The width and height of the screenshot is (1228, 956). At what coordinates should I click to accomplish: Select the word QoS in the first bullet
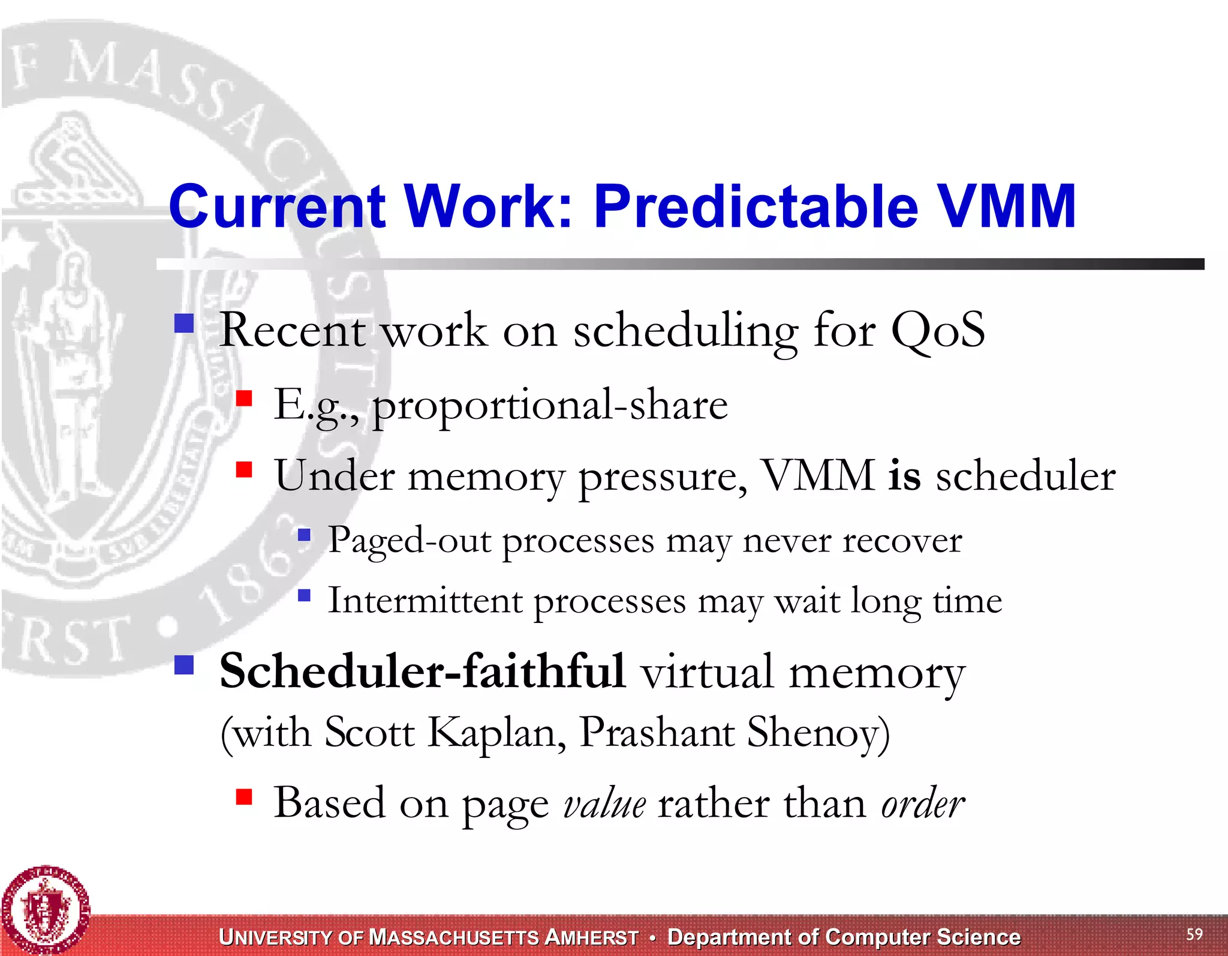(x=938, y=329)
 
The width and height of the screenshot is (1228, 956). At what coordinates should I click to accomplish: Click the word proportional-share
(x=550, y=406)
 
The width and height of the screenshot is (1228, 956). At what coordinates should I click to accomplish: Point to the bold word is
(x=904, y=475)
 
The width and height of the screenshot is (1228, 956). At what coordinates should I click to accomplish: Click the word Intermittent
(x=425, y=601)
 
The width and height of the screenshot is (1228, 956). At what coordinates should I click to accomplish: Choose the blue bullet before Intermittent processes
(x=305, y=595)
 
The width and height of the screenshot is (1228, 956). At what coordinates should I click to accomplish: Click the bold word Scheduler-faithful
(x=423, y=671)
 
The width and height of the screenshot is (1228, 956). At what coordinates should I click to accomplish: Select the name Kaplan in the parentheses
(x=497, y=733)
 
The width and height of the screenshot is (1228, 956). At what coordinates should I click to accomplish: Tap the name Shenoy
(x=818, y=733)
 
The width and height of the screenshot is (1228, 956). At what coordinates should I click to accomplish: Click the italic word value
(x=604, y=804)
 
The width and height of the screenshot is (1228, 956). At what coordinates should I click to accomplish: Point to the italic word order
(x=923, y=804)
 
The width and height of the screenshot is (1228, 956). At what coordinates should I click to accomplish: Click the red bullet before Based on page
(x=244, y=797)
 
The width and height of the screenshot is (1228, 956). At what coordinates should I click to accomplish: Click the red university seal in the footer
(x=46, y=910)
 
